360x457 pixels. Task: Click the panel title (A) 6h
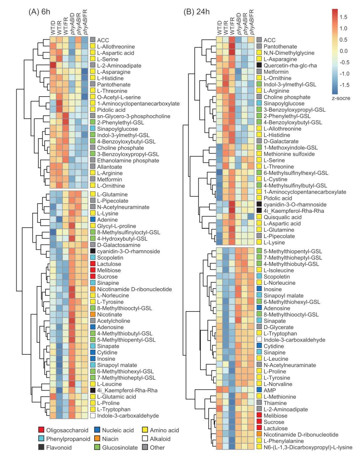point(39,12)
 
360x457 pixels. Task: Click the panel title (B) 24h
point(197,12)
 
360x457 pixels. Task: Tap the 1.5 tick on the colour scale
point(343,17)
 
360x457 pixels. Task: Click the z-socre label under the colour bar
point(341,98)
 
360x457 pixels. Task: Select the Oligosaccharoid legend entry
point(63,430)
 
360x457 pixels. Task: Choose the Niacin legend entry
point(106,439)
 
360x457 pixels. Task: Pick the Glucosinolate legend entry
point(116,448)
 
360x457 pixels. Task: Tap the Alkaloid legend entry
point(156,439)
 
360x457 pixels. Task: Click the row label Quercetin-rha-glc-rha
point(290,66)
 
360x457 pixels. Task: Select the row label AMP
point(270,390)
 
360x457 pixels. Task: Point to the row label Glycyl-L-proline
point(116,226)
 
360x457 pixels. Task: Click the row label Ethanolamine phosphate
point(128,161)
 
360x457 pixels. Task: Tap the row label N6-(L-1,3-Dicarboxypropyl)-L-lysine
point(308,447)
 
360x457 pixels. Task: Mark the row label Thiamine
point(275,403)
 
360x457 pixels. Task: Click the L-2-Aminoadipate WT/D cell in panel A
point(53,66)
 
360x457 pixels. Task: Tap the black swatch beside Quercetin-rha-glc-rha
point(259,65)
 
